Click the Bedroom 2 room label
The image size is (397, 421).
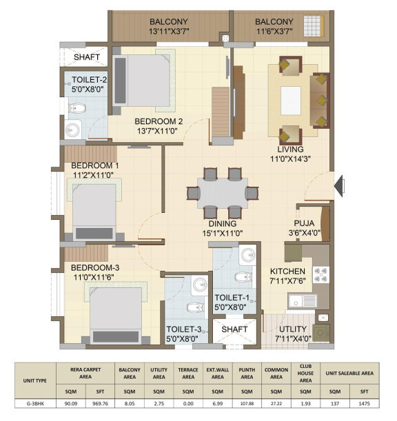(x=159, y=121)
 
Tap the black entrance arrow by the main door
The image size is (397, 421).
(x=339, y=186)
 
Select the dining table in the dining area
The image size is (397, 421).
(x=223, y=193)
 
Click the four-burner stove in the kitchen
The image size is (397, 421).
(x=321, y=275)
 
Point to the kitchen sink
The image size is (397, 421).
(x=303, y=300)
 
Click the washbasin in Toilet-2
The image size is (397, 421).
(x=73, y=130)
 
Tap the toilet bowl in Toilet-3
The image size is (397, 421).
(x=195, y=307)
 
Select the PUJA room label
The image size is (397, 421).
(x=304, y=223)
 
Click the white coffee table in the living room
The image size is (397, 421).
(x=291, y=101)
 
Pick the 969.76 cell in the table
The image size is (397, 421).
(x=100, y=404)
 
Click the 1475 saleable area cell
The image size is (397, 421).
(x=364, y=404)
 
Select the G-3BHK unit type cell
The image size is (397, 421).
(x=35, y=404)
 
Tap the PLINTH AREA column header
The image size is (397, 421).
(x=247, y=373)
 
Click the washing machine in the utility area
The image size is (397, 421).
(x=320, y=333)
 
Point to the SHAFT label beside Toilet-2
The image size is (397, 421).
(x=86, y=57)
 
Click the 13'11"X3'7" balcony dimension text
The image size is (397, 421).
(x=169, y=32)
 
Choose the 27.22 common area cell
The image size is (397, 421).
(x=276, y=404)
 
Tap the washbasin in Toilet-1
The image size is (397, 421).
(x=248, y=255)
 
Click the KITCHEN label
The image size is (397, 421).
(x=287, y=271)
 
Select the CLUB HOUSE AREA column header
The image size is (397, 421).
(x=305, y=373)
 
